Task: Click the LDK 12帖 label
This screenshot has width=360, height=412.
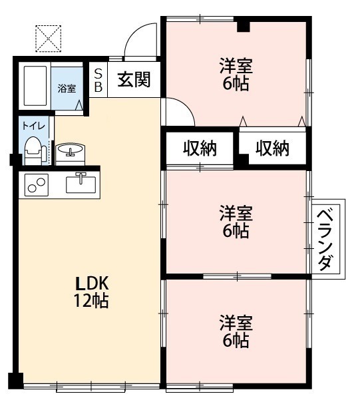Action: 90,291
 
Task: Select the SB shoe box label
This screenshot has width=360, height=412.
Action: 98,79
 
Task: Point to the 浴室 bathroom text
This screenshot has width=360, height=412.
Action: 66,89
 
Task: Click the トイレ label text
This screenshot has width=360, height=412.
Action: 31,125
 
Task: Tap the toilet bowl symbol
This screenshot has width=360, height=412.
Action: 33,150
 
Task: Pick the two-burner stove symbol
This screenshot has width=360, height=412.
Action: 36,184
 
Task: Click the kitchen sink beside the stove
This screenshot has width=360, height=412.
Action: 81,182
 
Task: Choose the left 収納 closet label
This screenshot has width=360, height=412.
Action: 200,148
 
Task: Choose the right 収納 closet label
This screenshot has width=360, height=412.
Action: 272,148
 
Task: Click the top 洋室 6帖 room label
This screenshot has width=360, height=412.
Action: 236,75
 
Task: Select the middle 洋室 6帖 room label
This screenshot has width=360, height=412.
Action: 236,222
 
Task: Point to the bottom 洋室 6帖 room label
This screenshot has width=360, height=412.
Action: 236,331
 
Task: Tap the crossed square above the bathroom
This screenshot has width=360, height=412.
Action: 48,39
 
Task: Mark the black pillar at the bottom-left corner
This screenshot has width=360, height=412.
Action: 15,381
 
